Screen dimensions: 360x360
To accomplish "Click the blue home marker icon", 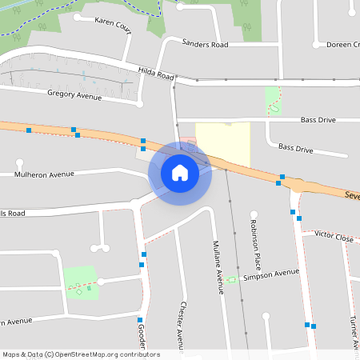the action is point(180,172).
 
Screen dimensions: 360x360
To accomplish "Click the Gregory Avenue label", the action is point(74,95).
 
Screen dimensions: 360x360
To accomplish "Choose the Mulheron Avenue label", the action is point(44,174).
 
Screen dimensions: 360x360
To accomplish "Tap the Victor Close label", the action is point(334,237).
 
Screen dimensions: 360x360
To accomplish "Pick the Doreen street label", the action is point(343,45).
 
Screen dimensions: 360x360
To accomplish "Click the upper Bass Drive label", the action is point(318,120).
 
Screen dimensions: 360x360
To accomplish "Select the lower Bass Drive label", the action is point(295,148).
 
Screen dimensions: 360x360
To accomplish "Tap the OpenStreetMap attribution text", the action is point(81,354).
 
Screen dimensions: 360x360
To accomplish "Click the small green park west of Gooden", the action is point(80,282).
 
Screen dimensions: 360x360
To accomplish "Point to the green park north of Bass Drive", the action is point(274,101).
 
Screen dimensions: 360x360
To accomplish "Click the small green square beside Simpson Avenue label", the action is point(232,279).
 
